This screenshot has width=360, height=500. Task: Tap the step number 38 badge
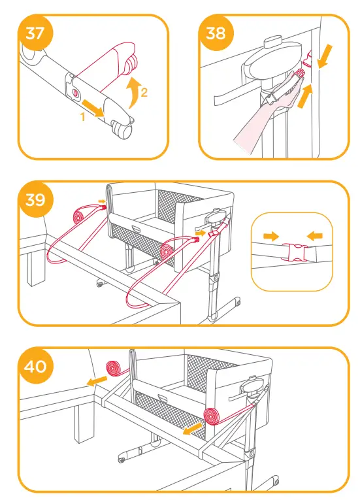click(215, 33)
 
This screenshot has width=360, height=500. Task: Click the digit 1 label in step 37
click(83, 116)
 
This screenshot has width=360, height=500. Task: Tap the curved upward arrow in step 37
click(133, 89)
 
